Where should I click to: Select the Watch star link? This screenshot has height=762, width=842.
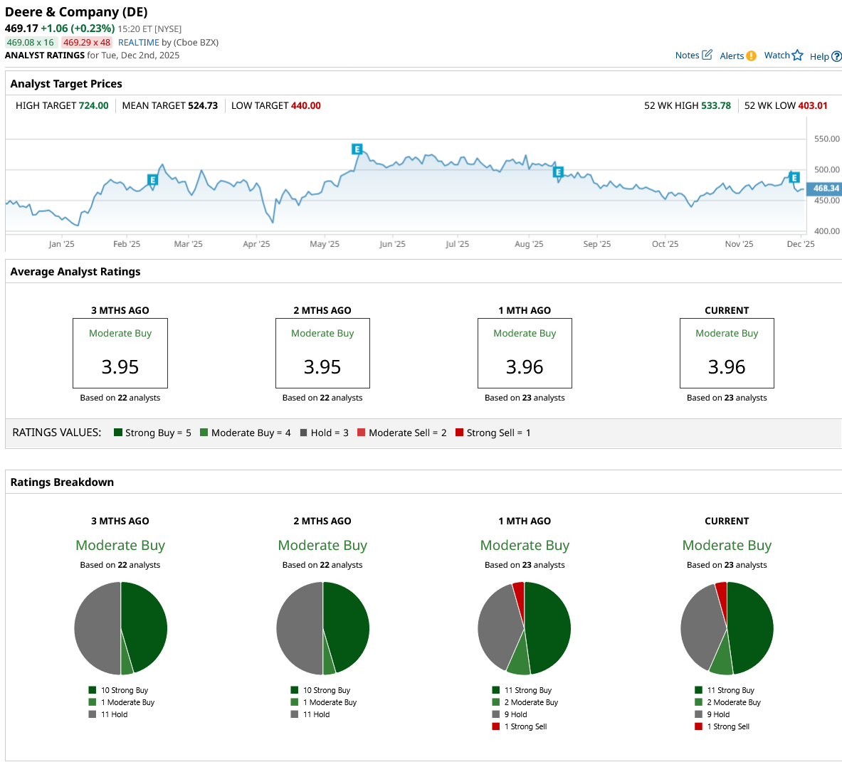tap(783, 55)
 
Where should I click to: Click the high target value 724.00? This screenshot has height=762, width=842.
tap(93, 106)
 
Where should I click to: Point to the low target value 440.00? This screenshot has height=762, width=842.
tap(305, 106)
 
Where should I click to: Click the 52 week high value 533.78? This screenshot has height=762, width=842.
tap(715, 106)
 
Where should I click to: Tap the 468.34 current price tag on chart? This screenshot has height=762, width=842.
tap(826, 189)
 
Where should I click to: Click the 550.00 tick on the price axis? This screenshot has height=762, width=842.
tap(826, 139)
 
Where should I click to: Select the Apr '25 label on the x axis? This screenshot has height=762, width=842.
tap(256, 244)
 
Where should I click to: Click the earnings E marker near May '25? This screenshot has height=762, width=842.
tap(357, 149)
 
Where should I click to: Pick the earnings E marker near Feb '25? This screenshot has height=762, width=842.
tap(152, 180)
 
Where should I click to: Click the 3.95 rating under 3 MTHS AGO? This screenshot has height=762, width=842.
tap(120, 367)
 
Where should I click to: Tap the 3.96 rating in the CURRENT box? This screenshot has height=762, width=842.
tap(727, 367)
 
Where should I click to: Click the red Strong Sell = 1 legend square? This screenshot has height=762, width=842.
tap(459, 433)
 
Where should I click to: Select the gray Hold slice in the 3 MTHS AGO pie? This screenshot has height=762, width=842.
tap(97, 628)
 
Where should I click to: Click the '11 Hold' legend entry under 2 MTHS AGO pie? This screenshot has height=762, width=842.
tap(316, 714)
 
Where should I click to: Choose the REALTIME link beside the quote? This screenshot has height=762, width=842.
tap(139, 43)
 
